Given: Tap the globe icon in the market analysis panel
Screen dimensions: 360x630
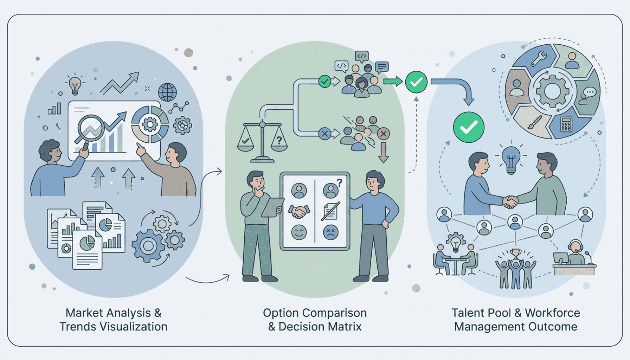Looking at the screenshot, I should pos(167,92).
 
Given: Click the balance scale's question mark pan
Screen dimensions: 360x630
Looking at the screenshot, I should pos(279,142).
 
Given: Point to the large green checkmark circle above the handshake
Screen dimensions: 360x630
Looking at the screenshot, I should pos(469,127).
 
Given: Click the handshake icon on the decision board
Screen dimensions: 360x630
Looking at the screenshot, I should pos(299,211).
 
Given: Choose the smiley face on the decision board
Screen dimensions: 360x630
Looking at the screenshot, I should pos(299,232).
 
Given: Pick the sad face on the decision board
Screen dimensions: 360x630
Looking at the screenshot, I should pos(330,232).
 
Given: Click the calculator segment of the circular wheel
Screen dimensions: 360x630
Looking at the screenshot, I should pos(566,124).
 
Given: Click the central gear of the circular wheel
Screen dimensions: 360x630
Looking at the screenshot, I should pos(552,91).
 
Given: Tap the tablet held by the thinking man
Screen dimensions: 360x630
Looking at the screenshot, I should pos(272,207).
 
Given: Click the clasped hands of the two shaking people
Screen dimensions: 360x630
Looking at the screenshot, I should pos(510,202).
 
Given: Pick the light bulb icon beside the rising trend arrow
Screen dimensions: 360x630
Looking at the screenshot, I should pos(75,85).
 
